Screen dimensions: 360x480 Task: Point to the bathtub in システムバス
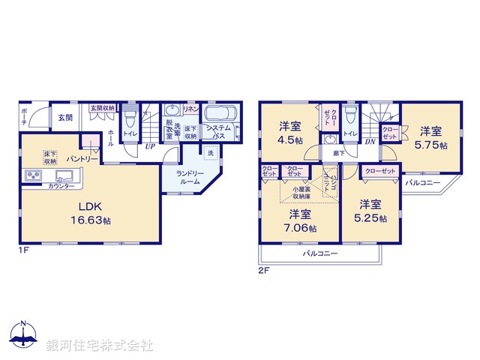pyautogui.click(x=220, y=117)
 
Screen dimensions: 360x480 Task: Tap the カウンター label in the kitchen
pyautogui.click(x=61, y=185)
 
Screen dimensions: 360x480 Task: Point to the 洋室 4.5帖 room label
pyautogui.click(x=292, y=131)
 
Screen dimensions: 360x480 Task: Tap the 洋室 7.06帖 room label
pyautogui.click(x=301, y=219)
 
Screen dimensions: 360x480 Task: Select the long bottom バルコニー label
pyautogui.click(x=319, y=254)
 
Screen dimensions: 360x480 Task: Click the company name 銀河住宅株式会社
pyautogui.click(x=99, y=346)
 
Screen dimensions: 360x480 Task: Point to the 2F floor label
pyautogui.click(x=264, y=269)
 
